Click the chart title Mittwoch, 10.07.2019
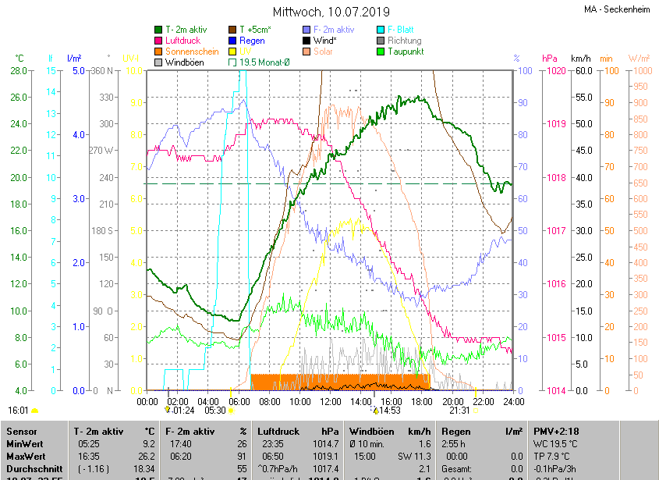329,12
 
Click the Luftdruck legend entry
183,41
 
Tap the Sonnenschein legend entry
192,52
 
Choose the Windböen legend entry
185,62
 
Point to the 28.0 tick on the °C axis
16,71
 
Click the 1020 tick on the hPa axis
556,71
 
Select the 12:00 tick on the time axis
331,401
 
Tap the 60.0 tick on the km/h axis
580,71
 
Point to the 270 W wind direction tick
102,151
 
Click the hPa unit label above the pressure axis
550,59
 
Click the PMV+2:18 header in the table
557,431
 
